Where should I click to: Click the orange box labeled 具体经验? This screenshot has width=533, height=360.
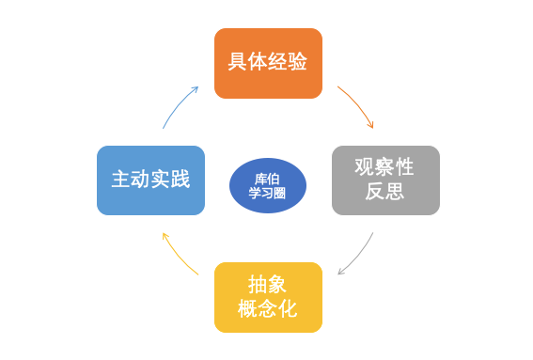tap(268, 63)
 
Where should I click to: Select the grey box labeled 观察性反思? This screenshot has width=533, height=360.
tap(385, 180)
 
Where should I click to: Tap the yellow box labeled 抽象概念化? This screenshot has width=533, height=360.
tap(268, 296)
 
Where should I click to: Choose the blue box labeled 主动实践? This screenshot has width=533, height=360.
tap(150, 180)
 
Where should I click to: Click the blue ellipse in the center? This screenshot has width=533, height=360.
tap(268, 185)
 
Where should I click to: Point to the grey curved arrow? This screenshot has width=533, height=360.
tap(358, 256)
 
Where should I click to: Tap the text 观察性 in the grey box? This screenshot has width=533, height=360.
tap(384, 167)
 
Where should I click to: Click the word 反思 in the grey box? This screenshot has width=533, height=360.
tap(384, 192)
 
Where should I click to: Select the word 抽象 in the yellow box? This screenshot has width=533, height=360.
tap(268, 284)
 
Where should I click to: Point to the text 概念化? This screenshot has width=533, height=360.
tap(268, 308)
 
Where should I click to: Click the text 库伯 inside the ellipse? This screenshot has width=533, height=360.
tap(268, 178)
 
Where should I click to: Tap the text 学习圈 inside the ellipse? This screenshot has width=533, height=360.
tap(268, 193)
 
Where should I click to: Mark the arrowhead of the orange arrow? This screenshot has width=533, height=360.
tap(371, 125)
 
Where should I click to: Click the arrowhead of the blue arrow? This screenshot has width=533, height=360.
tap(195, 88)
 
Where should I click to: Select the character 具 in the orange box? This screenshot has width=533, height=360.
tap(237, 63)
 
